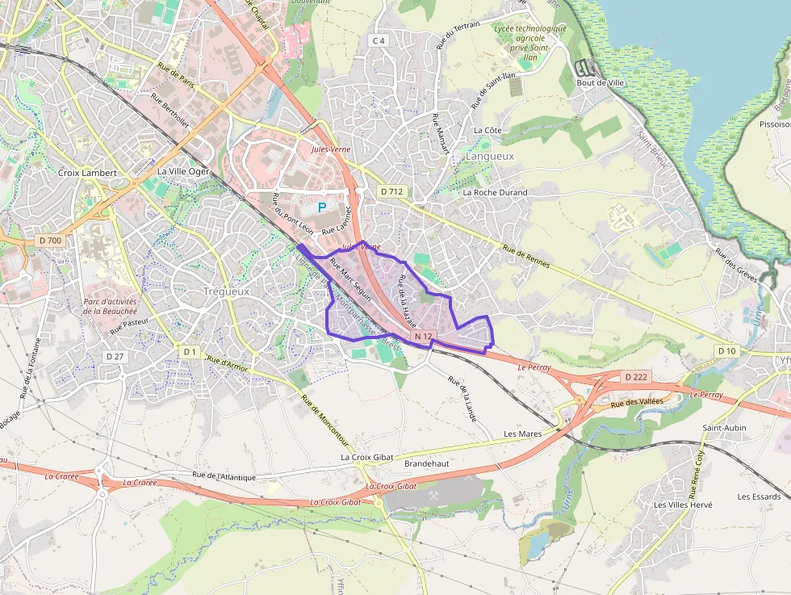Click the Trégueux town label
coord(226,291)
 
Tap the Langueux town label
coord(490,156)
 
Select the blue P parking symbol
coord(322,207)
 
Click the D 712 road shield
coord(391,191)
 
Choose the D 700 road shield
coord(50,241)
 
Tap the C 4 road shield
coord(379,40)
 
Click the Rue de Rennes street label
coord(530,259)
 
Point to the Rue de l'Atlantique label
coord(224,476)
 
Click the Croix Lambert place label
coord(87,173)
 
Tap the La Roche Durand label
coord(495,193)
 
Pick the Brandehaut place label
coord(426,464)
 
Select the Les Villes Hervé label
coord(683,505)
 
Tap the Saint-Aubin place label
coord(724,428)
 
